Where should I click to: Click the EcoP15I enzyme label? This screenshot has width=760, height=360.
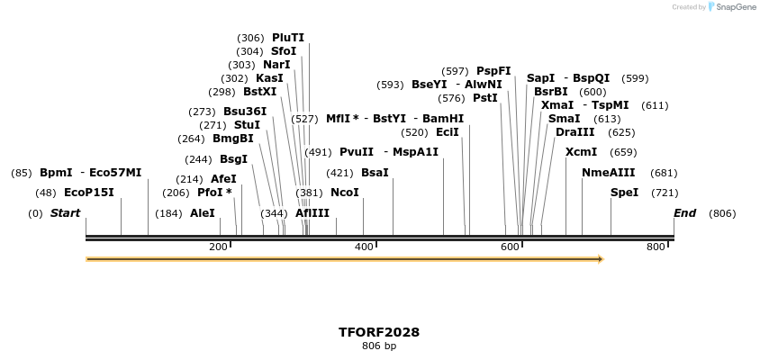point(89,193)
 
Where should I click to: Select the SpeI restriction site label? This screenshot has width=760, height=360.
point(624,193)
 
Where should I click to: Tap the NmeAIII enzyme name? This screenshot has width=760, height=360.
point(608,173)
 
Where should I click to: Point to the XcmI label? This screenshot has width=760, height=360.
point(581,152)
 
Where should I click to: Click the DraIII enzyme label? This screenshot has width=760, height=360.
point(575,132)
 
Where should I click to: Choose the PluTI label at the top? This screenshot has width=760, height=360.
point(288,38)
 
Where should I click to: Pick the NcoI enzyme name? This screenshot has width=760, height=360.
point(345,193)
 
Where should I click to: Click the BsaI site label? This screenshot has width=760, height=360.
point(375,173)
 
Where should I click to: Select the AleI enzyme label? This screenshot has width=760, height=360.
point(203,213)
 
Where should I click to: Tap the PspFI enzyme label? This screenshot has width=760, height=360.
point(493,71)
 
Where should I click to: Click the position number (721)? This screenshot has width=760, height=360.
point(665,193)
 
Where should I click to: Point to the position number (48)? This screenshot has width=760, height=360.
point(46,193)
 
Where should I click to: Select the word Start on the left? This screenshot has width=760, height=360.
point(65,213)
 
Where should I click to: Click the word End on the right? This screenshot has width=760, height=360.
point(684,213)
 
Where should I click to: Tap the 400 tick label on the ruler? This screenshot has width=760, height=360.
point(364,247)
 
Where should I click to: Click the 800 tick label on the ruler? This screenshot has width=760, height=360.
point(656,247)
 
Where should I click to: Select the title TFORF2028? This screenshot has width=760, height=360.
point(379,332)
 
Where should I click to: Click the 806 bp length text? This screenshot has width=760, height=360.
point(379,346)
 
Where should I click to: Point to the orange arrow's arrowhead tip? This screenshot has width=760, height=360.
point(602,259)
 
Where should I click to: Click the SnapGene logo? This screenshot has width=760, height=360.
point(731,7)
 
